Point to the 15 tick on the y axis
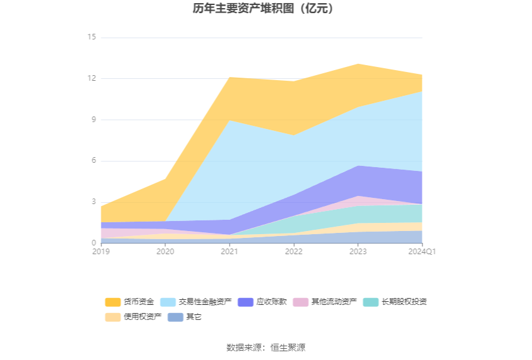click(x=91, y=38)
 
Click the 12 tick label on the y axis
click(x=91, y=78)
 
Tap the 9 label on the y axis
click(x=93, y=120)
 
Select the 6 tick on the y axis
click(x=93, y=161)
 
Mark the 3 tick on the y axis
click(x=93, y=202)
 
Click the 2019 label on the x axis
click(x=101, y=252)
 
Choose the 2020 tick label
click(x=165, y=252)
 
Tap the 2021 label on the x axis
click(x=230, y=252)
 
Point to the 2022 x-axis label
click(x=294, y=252)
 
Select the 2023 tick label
click(x=358, y=252)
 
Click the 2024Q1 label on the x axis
click(x=422, y=252)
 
